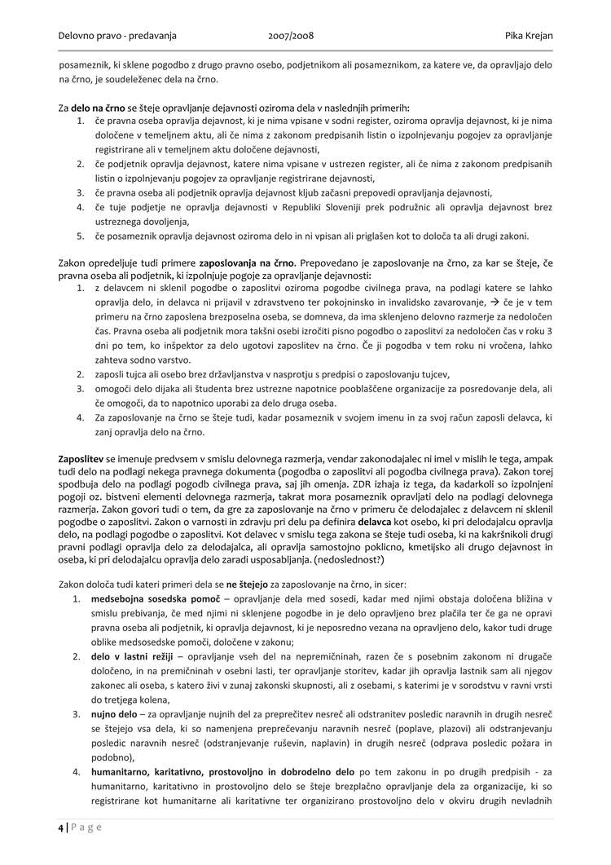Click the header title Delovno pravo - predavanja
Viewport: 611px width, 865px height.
(117, 36)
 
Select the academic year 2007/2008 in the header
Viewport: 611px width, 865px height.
(291, 36)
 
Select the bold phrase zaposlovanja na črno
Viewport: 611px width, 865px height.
(245, 263)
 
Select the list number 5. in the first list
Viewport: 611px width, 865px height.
(81, 236)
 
